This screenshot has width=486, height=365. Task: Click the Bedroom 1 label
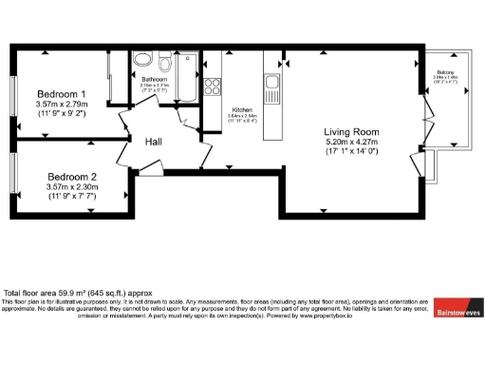[62, 94]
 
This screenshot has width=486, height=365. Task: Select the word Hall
[156, 142]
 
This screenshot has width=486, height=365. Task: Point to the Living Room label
[351, 131]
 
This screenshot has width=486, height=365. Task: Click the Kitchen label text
[242, 110]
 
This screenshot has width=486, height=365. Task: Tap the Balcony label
[444, 71]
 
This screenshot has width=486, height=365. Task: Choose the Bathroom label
[154, 79]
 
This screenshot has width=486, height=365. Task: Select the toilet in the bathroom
[165, 65]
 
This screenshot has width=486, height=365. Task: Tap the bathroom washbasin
[145, 63]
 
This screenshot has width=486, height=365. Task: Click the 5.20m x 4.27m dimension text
[351, 143]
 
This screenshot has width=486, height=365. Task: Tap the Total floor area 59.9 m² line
[72, 293]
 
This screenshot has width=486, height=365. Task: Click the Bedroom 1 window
[15, 94]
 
